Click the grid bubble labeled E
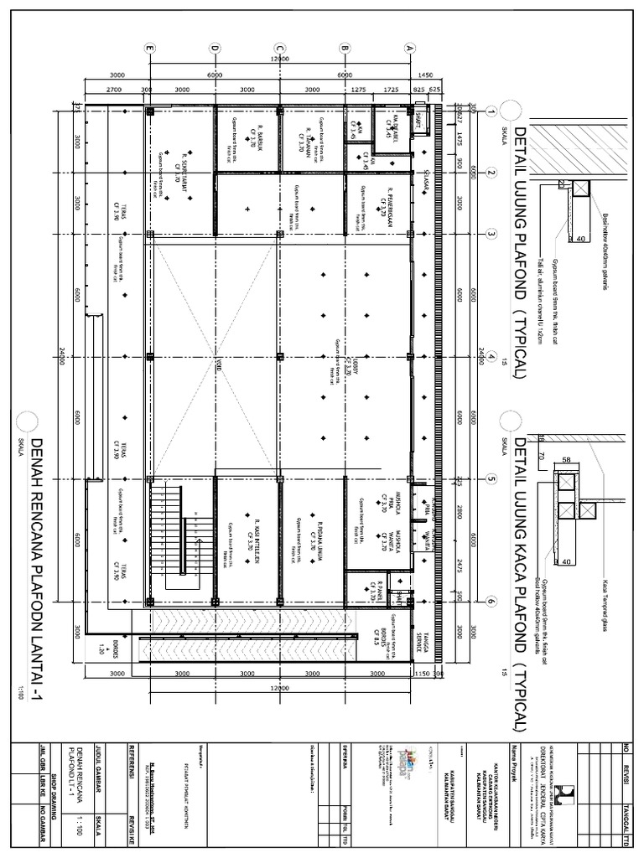[150, 49]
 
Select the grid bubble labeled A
[410, 49]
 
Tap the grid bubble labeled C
[280, 49]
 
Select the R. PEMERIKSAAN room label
[387, 203]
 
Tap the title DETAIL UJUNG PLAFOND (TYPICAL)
[518, 252]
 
